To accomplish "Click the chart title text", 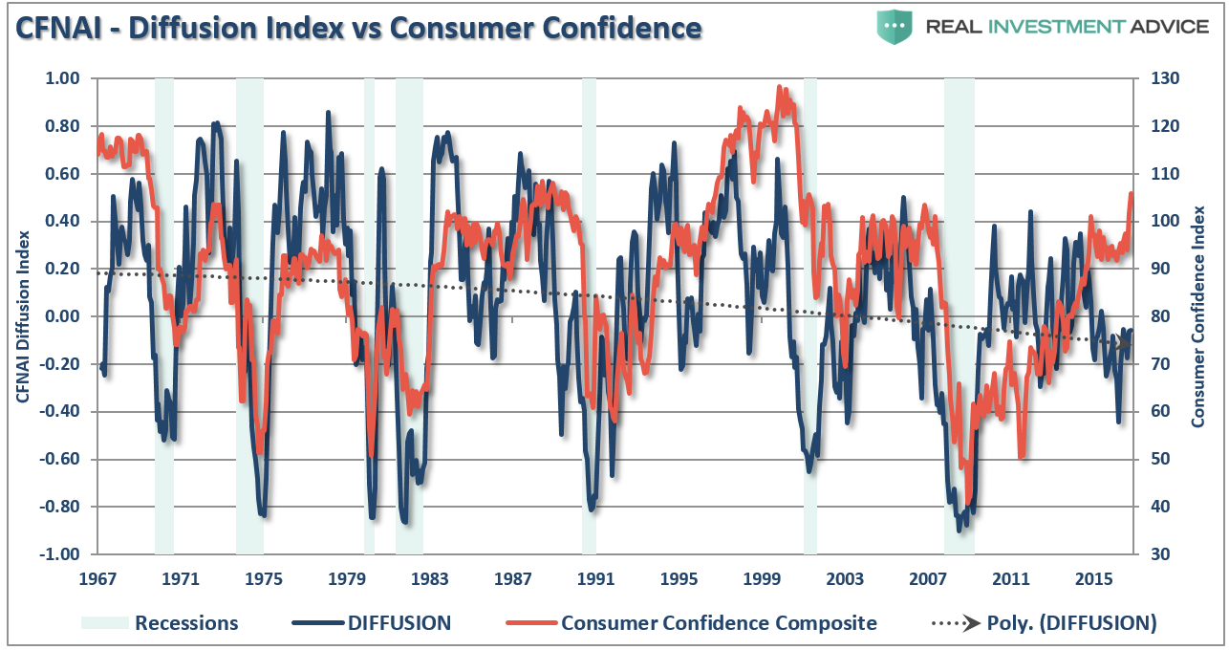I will point(357,28).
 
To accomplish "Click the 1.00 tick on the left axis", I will point(64,78).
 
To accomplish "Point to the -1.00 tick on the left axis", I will point(62,554).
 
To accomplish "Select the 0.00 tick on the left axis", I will point(64,316).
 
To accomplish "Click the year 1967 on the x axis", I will point(97,579).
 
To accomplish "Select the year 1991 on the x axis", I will point(595,579).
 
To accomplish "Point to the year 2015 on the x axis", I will point(1093,579).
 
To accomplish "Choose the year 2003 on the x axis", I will point(845,579).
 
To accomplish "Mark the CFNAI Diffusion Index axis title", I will point(21,316).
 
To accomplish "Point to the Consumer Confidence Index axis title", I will point(1197,316).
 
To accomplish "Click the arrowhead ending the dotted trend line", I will point(1126,343).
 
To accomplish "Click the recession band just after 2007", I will point(959,315).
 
